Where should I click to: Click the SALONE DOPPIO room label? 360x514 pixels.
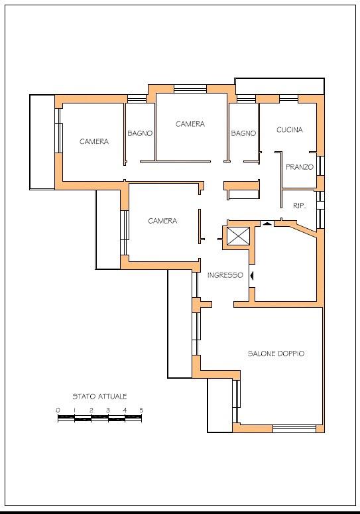[276, 353]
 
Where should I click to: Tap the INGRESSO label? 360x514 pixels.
[225, 275]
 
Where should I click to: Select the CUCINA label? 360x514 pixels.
[290, 130]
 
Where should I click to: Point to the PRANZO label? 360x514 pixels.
[300, 167]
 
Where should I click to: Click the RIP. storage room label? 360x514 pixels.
[299, 206]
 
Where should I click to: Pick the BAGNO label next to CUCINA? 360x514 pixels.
[243, 133]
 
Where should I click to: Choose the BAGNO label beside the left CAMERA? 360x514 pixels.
[140, 133]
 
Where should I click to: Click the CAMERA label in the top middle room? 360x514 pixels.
[190, 124]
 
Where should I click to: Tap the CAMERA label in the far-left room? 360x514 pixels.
[94, 142]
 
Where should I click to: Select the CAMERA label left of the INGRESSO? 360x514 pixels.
[162, 221]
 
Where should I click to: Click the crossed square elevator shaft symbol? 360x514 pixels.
[238, 235]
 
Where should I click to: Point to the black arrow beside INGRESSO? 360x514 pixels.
[251, 276]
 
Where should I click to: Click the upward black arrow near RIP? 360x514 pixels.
[267, 224]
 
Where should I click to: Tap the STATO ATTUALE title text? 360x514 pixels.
[99, 397]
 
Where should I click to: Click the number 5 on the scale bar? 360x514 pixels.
[141, 410]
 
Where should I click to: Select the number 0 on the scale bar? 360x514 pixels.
[58, 410]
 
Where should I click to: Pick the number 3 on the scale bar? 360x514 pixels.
[108, 410]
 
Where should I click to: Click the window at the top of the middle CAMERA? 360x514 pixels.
[190, 89]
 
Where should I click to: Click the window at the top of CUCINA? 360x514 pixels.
[288, 98]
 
